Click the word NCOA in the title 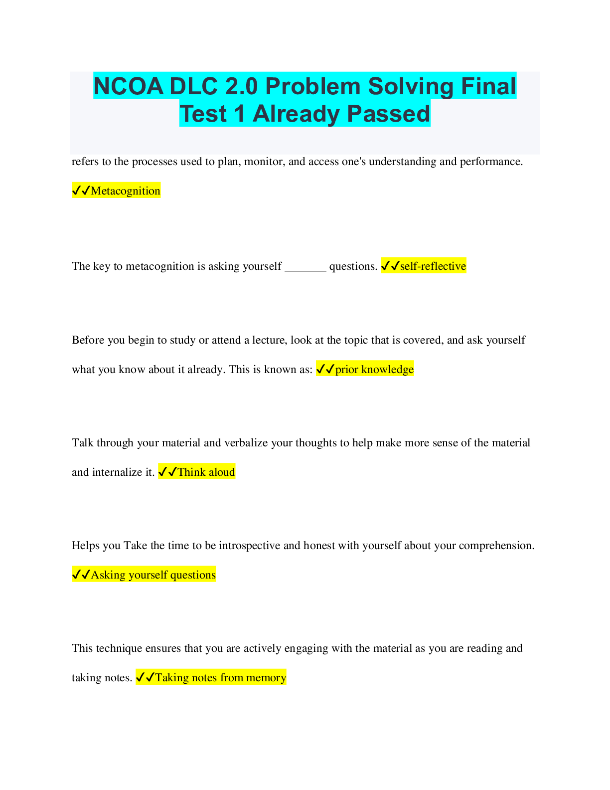click(x=128, y=86)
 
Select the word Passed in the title click(x=388, y=114)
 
